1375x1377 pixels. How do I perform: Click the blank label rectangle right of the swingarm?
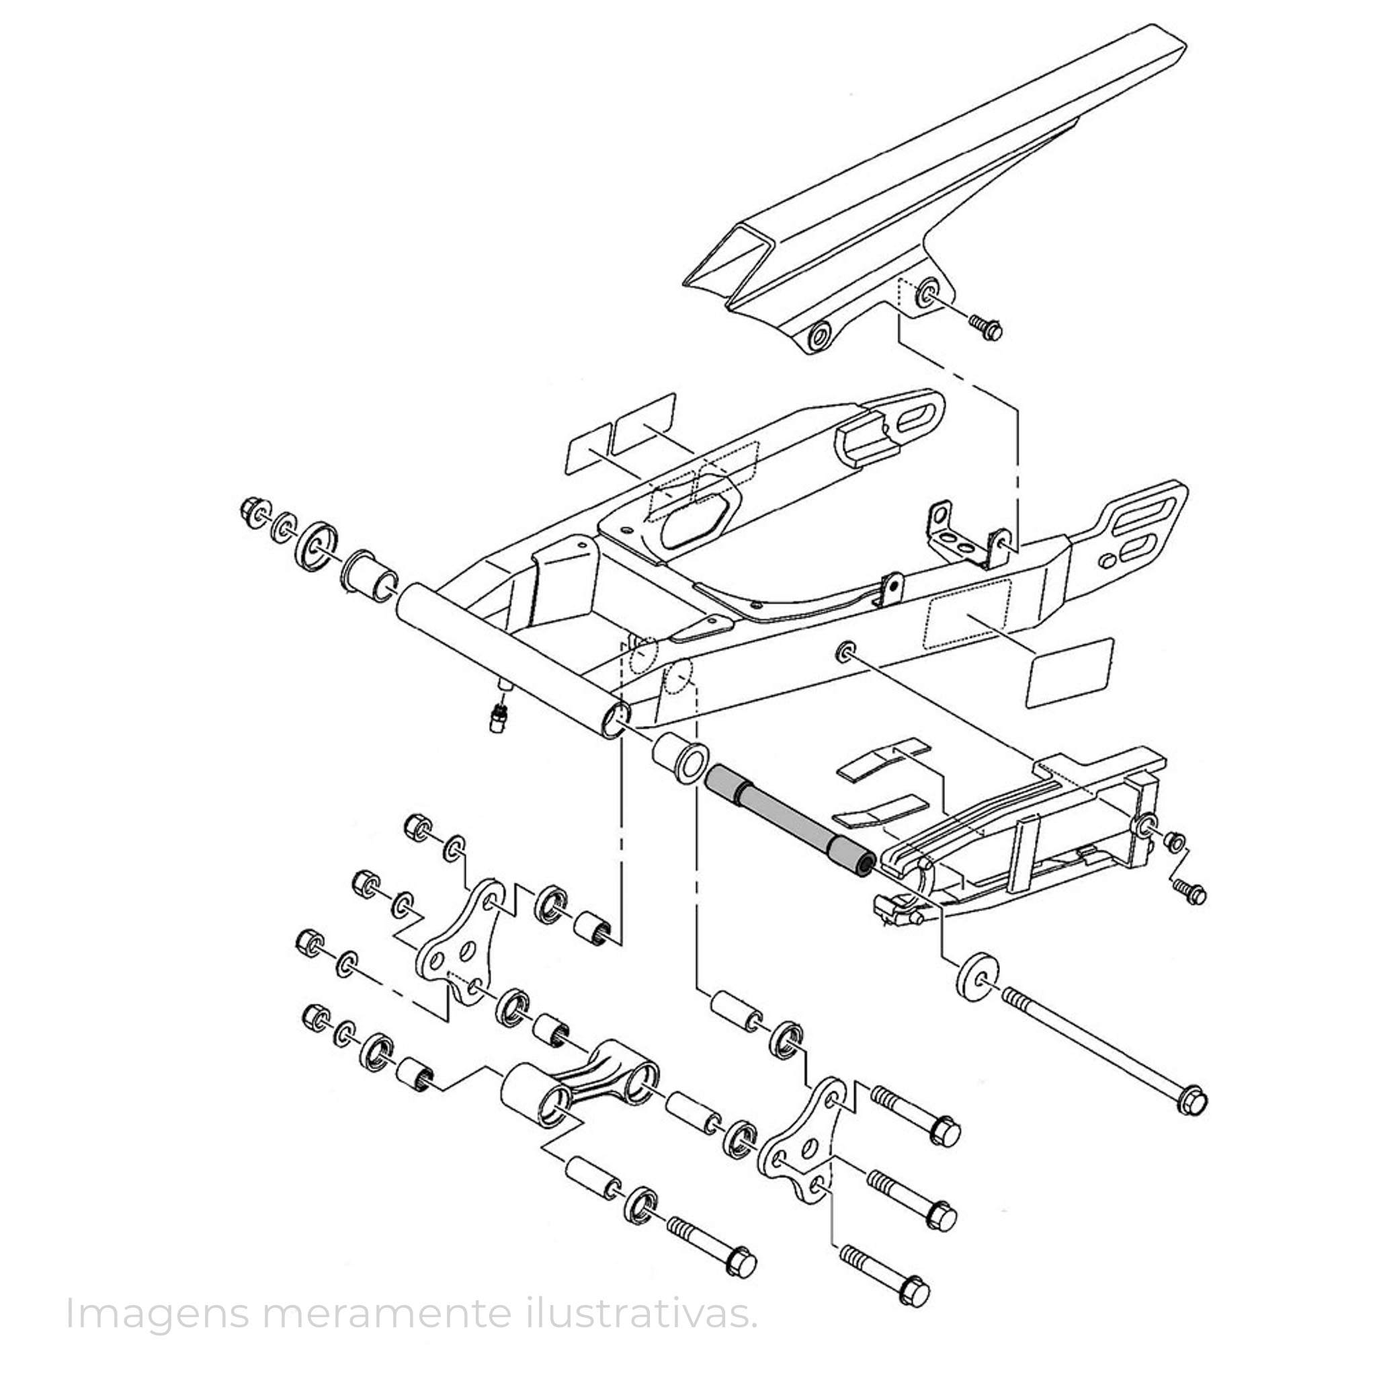point(1069,672)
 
